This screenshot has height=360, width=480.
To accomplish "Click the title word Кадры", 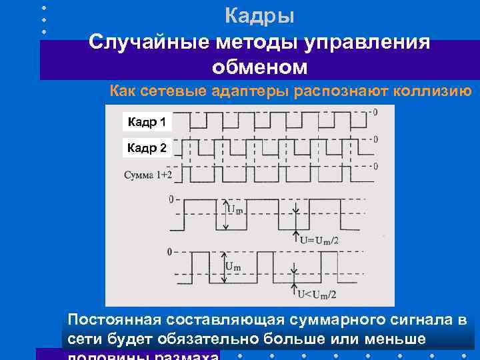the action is [259, 14].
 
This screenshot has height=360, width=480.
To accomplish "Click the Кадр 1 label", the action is [147, 122].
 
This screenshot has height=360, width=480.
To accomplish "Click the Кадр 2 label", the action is [147, 148].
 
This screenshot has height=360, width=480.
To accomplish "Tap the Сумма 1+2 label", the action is [148, 175].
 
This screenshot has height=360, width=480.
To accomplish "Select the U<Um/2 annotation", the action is [318, 293].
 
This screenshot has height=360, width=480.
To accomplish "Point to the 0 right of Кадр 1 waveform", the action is [375, 113].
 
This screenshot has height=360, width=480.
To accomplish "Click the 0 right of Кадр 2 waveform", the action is [376, 139].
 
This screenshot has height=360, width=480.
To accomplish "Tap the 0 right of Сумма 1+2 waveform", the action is [375, 166].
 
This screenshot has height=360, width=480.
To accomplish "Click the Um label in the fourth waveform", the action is [235, 209].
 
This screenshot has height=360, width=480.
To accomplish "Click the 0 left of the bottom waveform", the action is [170, 252].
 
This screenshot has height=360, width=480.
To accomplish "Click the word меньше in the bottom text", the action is [389, 340].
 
